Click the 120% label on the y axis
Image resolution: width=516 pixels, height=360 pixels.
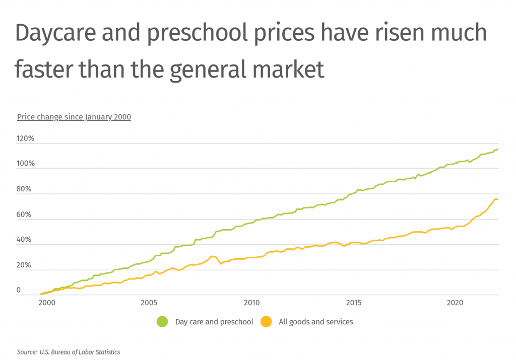tap(25, 138)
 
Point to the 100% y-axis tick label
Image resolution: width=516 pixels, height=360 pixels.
tap(25, 164)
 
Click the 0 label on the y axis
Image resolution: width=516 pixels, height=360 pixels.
tap(19, 291)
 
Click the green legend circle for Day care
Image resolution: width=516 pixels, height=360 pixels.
tap(162, 322)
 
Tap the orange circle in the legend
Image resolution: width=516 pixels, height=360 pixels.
tap(266, 322)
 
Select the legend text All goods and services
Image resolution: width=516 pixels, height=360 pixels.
tap(316, 322)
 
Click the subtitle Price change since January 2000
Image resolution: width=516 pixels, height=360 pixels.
tap(74, 117)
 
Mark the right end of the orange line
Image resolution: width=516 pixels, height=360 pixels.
tap(497, 199)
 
